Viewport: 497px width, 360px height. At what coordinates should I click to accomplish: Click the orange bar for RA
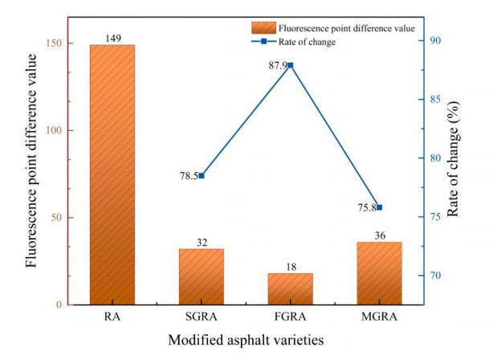point(112,174)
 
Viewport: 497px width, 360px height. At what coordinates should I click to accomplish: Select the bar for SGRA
point(201,276)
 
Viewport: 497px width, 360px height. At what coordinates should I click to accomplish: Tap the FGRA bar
point(290,288)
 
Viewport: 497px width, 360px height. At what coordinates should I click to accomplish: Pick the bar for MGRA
point(379,273)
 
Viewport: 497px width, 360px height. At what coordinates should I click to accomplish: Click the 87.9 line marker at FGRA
point(291,65)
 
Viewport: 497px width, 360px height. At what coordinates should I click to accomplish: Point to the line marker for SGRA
point(202,175)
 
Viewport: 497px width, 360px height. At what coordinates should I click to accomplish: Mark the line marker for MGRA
point(379,207)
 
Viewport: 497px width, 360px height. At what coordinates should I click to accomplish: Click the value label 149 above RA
point(112,38)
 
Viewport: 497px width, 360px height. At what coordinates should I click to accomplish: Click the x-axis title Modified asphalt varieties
point(246,340)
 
